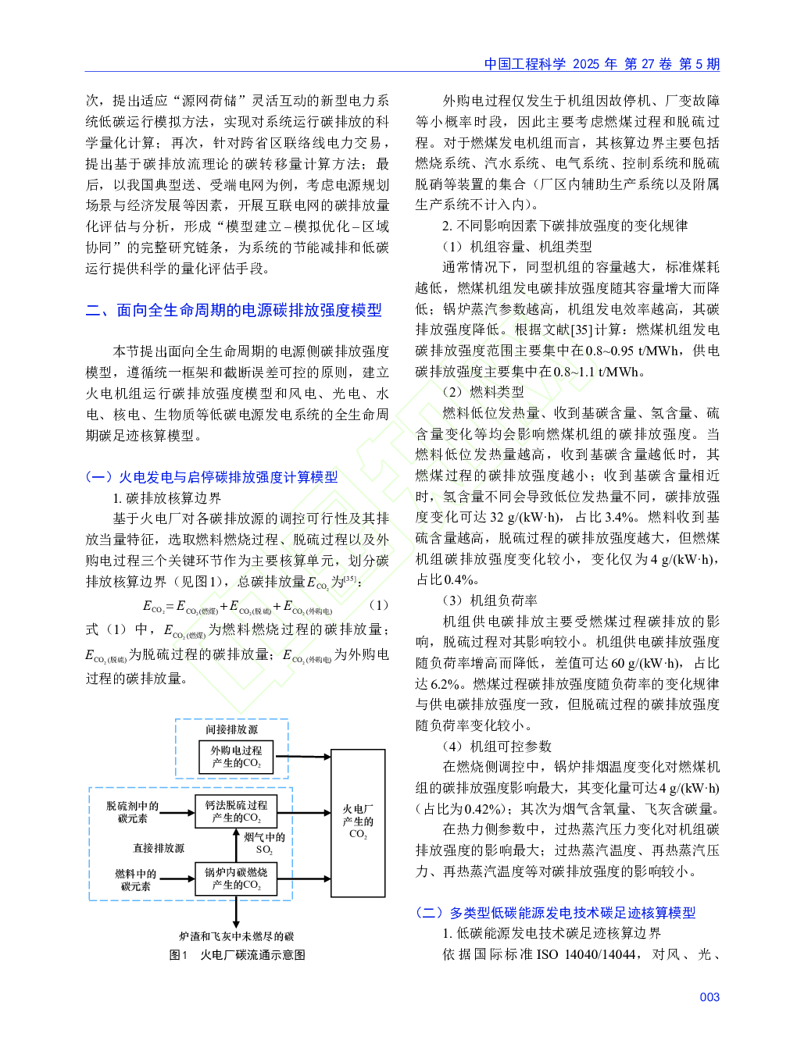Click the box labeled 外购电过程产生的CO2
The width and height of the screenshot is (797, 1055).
point(236,757)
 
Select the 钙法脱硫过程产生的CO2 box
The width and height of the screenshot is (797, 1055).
point(236,811)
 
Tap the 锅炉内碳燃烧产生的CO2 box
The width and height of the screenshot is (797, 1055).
point(236,879)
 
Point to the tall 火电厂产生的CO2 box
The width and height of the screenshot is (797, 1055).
point(358,822)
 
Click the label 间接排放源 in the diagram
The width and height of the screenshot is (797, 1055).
point(231,729)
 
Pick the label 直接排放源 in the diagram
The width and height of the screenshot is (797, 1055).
point(159,848)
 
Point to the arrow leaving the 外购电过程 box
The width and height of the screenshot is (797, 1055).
point(302,757)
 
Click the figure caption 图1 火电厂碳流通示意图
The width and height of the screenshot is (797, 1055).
point(237,954)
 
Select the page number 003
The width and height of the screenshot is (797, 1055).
point(709,997)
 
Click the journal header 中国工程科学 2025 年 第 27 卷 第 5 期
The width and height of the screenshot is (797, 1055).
point(602,64)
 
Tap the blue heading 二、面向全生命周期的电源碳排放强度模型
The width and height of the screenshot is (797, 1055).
point(234,310)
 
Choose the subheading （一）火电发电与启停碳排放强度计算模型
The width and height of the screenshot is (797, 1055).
point(212,477)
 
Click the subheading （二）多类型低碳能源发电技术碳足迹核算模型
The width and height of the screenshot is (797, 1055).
point(556,912)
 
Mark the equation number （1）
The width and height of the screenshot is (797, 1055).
point(379,605)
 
